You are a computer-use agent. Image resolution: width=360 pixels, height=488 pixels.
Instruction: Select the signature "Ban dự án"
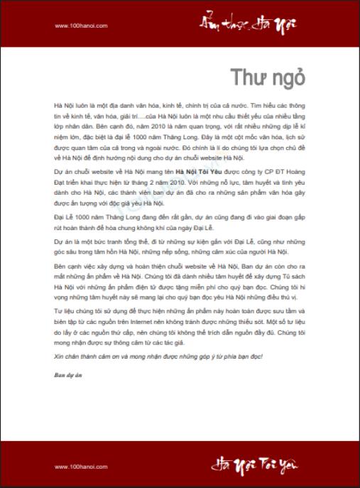[67, 374]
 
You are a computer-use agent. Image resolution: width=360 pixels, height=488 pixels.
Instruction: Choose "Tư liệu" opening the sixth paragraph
[65, 311]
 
